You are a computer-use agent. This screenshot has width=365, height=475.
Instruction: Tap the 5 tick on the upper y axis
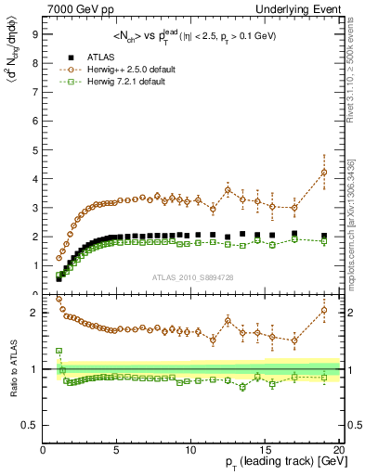pyautogui.click(x=34, y=148)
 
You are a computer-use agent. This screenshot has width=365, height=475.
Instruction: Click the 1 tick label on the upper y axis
pyautogui.click(x=34, y=265)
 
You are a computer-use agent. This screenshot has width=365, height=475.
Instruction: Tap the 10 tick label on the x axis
pyautogui.click(x=191, y=451)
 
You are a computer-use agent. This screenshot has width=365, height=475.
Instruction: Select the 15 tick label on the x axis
pyautogui.click(x=266, y=451)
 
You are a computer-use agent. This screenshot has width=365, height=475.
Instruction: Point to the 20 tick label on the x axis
pyautogui.click(x=339, y=451)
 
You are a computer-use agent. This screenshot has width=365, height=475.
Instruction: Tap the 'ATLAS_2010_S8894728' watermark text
pyautogui.click(x=190, y=277)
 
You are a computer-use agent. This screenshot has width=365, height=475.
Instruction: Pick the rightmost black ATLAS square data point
pyautogui.click(x=324, y=236)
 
